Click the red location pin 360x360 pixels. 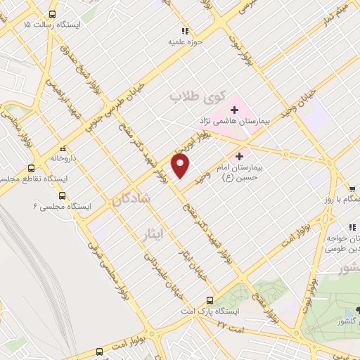tap(181, 167)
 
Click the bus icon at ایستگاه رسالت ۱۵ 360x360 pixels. tap(53, 14)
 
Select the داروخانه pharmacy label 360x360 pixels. tap(64, 159)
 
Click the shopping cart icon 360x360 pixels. tap(351, 188)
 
